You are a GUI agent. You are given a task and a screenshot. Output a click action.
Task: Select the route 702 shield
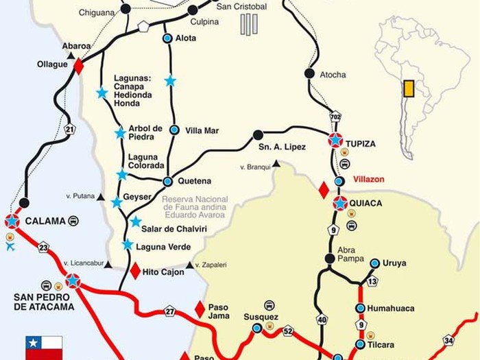[x=335, y=117]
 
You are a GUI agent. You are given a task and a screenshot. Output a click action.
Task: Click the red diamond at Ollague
[x=78, y=67]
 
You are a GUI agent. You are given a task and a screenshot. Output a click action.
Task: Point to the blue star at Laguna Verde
[x=128, y=244]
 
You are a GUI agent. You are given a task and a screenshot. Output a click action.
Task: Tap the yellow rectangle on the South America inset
[x=408, y=88]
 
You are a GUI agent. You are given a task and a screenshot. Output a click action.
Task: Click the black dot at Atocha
[x=309, y=74]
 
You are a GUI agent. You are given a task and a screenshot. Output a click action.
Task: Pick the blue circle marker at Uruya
[x=374, y=263]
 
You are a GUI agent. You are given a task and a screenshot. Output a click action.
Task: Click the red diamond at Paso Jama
[x=200, y=309]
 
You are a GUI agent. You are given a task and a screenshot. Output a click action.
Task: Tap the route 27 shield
[x=170, y=312]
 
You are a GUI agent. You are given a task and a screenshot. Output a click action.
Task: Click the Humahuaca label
[x=390, y=309]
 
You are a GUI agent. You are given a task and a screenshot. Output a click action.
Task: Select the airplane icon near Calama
[x=10, y=247]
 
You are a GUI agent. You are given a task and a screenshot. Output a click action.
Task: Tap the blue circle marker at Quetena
[x=167, y=182]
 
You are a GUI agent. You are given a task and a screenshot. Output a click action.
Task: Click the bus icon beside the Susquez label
[x=269, y=305]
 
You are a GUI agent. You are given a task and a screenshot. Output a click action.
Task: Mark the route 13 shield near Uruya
[x=372, y=281]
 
